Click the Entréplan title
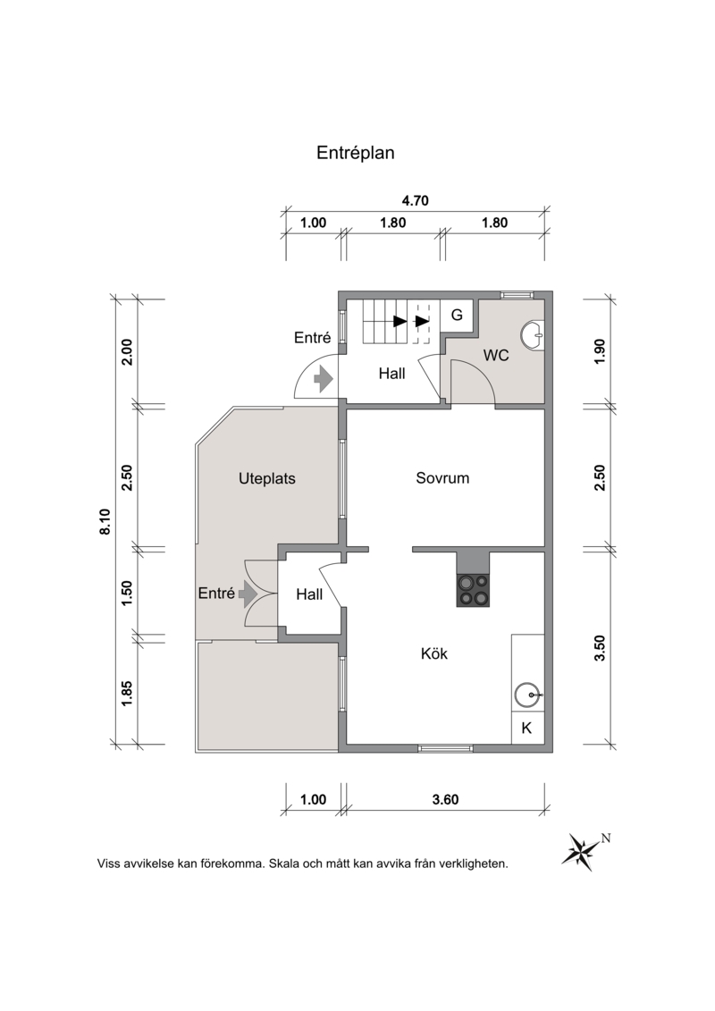355,154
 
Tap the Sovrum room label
442,477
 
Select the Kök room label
433,653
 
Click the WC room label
496,355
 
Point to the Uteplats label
267,479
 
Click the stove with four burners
473,589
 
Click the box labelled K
527,728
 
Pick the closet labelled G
457,316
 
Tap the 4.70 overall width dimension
416,200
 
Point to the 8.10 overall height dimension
105,522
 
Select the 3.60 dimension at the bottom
445,799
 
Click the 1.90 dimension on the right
601,351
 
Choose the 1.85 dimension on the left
126,694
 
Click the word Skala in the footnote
284,864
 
